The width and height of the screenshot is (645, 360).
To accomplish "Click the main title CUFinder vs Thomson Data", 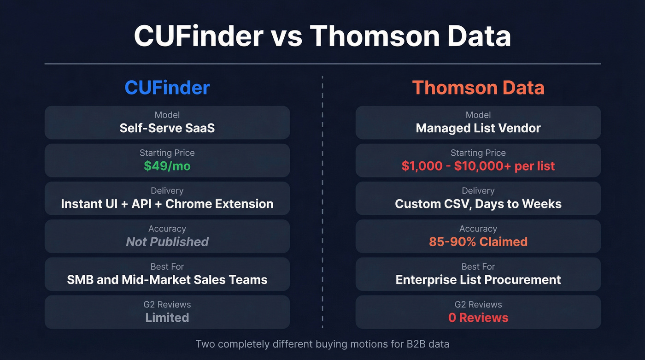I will click(x=322, y=36).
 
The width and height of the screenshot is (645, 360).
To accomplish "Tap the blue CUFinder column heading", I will click(x=167, y=88).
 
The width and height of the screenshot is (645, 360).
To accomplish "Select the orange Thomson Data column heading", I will click(x=478, y=88).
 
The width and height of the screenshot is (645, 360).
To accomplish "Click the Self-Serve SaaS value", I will click(x=167, y=128).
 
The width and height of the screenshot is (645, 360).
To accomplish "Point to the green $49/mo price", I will click(x=167, y=166).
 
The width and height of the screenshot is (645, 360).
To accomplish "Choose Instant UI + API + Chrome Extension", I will click(x=167, y=204).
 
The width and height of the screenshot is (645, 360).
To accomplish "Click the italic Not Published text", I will click(x=167, y=242).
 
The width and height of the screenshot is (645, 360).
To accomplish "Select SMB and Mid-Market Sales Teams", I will click(x=167, y=279).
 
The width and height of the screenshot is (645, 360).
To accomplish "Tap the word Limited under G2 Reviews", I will click(x=167, y=318).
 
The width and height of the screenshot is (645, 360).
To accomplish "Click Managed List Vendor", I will click(x=478, y=128).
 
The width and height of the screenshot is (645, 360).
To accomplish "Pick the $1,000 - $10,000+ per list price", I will click(x=478, y=166).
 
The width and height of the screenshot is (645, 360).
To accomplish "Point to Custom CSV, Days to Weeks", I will click(x=478, y=204).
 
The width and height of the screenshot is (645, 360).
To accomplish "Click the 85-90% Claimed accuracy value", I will click(x=478, y=242).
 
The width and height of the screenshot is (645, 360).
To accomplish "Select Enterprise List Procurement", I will click(x=478, y=279).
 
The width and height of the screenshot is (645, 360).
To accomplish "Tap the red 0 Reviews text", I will click(x=478, y=318).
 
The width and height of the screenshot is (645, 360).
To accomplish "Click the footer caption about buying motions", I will click(x=322, y=344).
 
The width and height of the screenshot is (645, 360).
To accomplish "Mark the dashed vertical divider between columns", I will click(x=322, y=203).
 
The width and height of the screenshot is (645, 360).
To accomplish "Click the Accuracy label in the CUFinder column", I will click(x=167, y=229).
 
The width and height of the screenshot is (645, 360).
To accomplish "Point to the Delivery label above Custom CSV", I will click(x=478, y=191).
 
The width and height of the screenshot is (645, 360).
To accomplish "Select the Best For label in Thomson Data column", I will click(x=478, y=266).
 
